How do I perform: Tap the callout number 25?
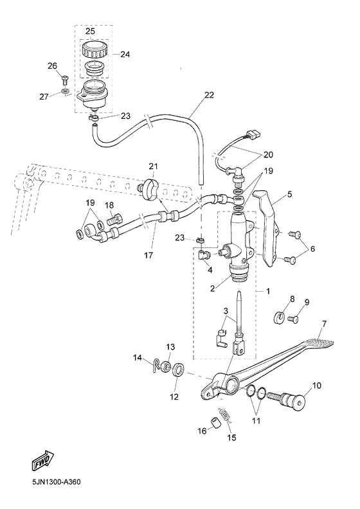tap(90, 31)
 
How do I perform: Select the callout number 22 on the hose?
tap(209, 95)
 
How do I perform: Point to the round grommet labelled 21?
tap(152, 188)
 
